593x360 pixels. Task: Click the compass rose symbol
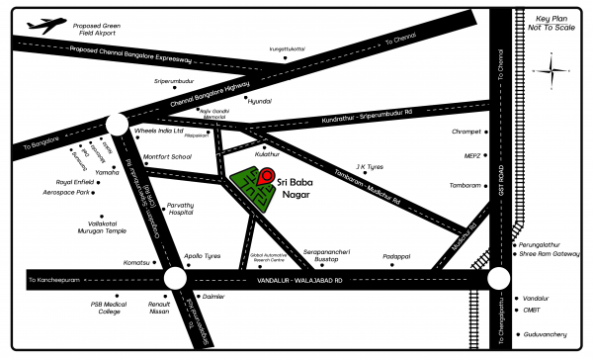click(551, 72)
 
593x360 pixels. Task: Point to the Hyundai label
click(259, 102)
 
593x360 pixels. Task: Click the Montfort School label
click(167, 156)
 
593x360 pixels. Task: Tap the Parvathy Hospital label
click(180, 208)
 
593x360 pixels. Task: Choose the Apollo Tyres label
click(202, 254)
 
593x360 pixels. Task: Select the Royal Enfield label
click(74, 182)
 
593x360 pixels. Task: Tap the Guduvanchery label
click(545, 335)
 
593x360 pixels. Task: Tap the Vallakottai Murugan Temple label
click(101, 226)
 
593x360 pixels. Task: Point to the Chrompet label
click(465, 132)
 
